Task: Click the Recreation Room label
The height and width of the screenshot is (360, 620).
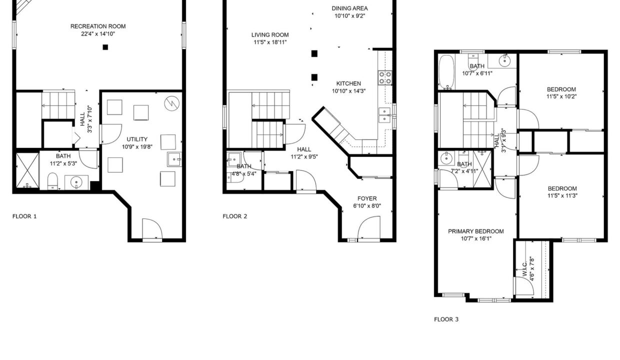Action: (x=98, y=26)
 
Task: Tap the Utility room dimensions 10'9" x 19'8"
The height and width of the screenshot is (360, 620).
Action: (x=137, y=146)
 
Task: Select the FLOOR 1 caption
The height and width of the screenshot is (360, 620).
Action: (x=24, y=216)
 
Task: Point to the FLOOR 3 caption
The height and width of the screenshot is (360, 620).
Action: (x=446, y=319)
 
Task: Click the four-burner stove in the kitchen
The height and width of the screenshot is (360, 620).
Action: (x=385, y=77)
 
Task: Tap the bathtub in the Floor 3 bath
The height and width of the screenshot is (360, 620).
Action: (x=446, y=71)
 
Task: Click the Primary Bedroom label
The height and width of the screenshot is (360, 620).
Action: (x=476, y=231)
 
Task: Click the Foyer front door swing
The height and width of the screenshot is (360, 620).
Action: (x=369, y=227)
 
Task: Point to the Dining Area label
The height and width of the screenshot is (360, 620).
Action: (x=350, y=8)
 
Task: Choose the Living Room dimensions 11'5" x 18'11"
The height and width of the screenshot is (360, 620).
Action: (x=270, y=42)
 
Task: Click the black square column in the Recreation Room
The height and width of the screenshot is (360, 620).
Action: (x=105, y=47)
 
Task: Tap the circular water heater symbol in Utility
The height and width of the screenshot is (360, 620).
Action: (x=172, y=103)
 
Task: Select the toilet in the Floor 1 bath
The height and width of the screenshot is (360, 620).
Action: (x=52, y=181)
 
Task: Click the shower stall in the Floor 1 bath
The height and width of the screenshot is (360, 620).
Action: (x=27, y=170)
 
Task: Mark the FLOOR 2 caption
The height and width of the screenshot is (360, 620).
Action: (x=234, y=216)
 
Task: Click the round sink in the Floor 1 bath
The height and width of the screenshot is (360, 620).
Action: (x=76, y=182)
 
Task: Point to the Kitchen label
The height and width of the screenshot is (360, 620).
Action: (x=348, y=83)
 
